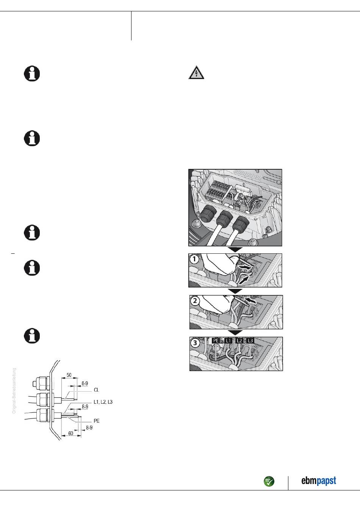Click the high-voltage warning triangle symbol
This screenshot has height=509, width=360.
click(196, 73)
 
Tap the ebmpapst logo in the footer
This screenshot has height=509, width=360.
click(318, 481)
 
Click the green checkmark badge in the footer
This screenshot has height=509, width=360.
click(269, 482)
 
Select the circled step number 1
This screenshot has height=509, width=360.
click(194, 259)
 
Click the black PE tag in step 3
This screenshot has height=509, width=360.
click(216, 341)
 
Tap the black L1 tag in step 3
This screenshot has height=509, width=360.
click(228, 341)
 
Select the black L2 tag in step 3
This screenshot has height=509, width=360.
click(239, 341)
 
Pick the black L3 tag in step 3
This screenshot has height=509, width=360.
click(250, 341)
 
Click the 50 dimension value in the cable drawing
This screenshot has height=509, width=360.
click(69, 375)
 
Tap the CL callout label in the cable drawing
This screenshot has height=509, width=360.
click(97, 390)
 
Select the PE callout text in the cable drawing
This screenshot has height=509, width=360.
click(97, 421)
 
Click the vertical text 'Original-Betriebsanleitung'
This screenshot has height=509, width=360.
click(14, 390)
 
